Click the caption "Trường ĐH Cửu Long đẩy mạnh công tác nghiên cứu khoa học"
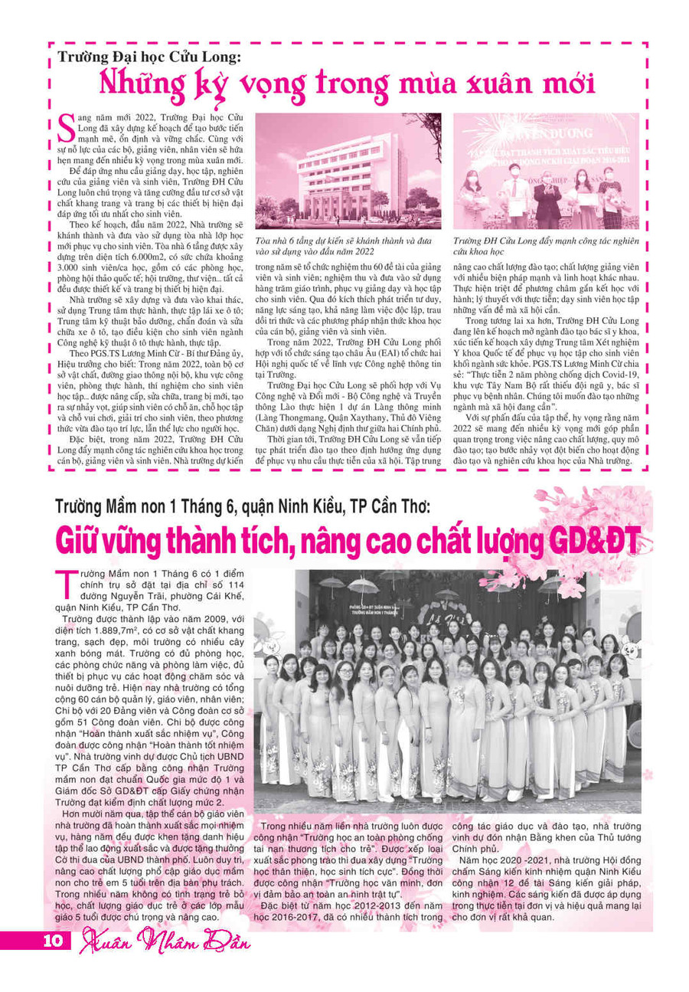coord(545,244)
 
